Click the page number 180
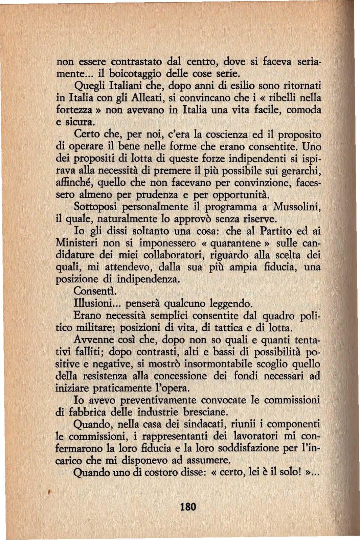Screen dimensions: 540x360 [188, 507]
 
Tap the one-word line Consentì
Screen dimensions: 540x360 [91, 291]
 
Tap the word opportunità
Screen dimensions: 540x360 [241, 195]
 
